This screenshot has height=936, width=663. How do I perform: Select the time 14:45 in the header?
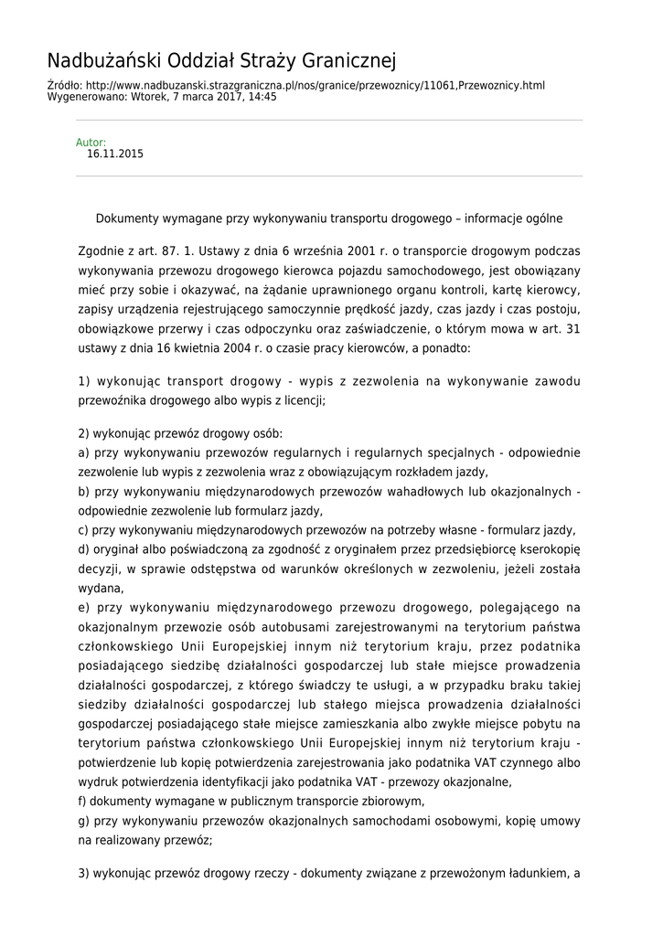pyautogui.click(x=262, y=96)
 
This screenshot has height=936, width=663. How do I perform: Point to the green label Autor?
pyautogui.click(x=91, y=143)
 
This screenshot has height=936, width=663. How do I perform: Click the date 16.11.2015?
pyautogui.click(x=115, y=154)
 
